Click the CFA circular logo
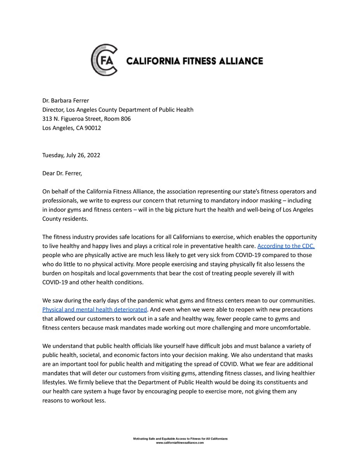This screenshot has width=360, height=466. pyautogui.click(x=104, y=60)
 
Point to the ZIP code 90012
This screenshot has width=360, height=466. pyautogui.click(x=93, y=128)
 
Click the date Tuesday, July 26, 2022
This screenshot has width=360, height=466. pyautogui.click(x=71, y=155)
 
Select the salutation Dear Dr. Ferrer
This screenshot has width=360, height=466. pyautogui.click(x=62, y=174)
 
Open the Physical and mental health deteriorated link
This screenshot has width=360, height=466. pyautogui.click(x=95, y=310)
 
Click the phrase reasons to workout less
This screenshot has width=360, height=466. pyautogui.click(x=74, y=400)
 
